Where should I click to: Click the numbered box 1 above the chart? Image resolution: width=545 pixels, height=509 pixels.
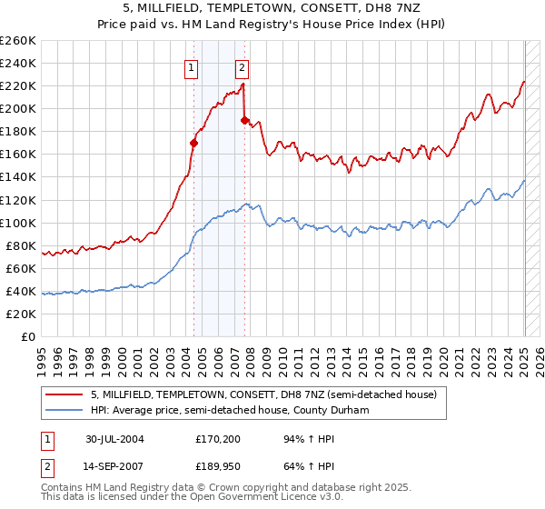(x=193, y=66)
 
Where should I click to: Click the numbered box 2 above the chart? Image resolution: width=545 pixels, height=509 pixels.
(x=243, y=66)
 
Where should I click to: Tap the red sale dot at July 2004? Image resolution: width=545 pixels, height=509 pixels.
(x=193, y=142)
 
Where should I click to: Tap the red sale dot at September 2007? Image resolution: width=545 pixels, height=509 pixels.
(x=244, y=119)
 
